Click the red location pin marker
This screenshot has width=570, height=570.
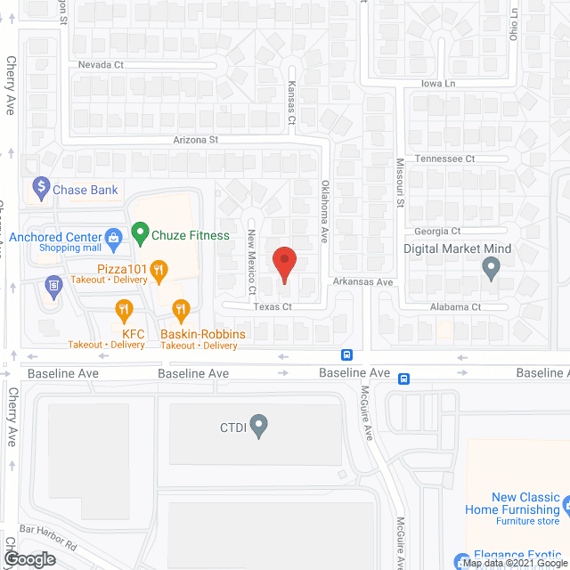[284, 265]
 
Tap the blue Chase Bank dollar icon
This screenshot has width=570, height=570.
[40, 188]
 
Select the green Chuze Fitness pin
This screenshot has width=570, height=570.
[140, 234]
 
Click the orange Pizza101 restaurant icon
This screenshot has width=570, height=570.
[159, 268]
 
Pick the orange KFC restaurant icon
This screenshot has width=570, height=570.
[124, 311]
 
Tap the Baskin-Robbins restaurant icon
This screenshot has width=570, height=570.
[181, 311]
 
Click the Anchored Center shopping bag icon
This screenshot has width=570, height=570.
[113, 237]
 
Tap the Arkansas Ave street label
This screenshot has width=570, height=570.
[363, 282]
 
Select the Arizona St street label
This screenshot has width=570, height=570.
[195, 140]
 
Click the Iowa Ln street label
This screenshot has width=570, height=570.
[437, 83]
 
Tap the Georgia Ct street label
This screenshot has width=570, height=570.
[431, 231]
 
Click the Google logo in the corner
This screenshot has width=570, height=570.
[29, 559]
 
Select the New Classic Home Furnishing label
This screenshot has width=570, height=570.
[513, 504]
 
